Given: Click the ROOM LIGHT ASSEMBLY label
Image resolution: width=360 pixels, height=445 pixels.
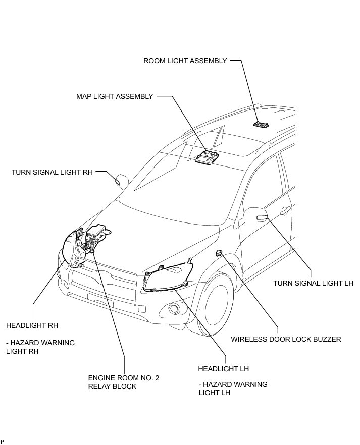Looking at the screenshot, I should [185, 61].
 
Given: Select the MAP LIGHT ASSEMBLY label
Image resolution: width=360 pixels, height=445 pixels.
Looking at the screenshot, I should [114, 96].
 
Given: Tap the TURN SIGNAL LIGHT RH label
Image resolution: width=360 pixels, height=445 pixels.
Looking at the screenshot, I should [53, 172].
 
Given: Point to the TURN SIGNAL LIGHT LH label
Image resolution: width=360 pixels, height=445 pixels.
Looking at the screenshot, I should [313, 283].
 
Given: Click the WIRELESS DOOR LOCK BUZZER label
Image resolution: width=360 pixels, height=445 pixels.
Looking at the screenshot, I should [286, 339].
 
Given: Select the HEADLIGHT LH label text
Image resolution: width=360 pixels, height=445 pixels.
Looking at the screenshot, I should [224, 369].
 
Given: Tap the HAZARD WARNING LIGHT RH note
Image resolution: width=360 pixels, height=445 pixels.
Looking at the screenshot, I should [41, 347].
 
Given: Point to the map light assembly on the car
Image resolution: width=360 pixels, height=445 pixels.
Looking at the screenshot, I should [207, 157].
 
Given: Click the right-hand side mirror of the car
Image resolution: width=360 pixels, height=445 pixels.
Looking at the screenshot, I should [122, 180].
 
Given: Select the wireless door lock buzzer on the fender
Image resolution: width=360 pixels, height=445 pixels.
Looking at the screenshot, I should [219, 252].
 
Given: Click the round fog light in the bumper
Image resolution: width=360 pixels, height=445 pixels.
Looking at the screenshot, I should [174, 309].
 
